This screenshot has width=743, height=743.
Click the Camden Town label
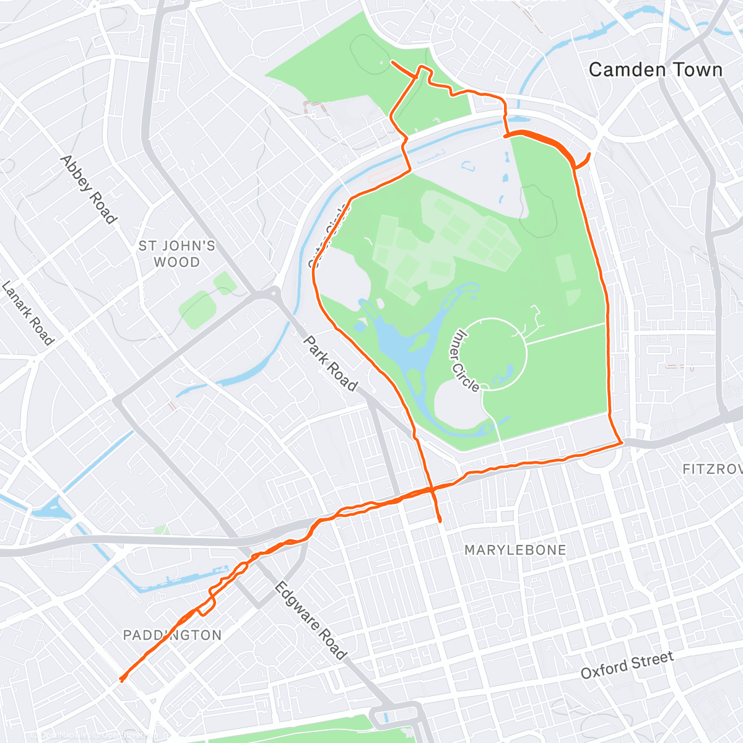[655, 70]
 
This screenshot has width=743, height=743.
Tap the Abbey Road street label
[88, 189]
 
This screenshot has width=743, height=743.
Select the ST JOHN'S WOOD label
[176, 254]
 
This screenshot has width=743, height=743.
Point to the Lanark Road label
[28, 313]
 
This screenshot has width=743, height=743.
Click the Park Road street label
[330, 364]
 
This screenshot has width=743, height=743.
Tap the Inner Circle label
[466, 360]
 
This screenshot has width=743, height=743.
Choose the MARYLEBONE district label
[515, 550]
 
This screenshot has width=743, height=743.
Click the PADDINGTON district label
[172, 635]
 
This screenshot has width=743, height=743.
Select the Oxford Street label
[627, 665]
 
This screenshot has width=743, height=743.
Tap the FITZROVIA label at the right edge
[712, 469]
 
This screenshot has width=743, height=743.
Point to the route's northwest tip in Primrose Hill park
[392, 61]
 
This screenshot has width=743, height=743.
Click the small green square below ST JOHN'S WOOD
[197, 310]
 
